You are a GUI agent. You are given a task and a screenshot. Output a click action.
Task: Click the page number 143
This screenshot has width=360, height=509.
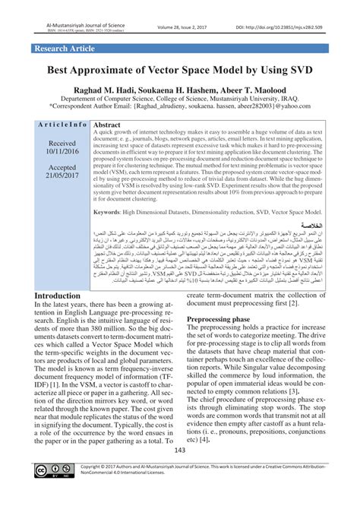tap(180, 473)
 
